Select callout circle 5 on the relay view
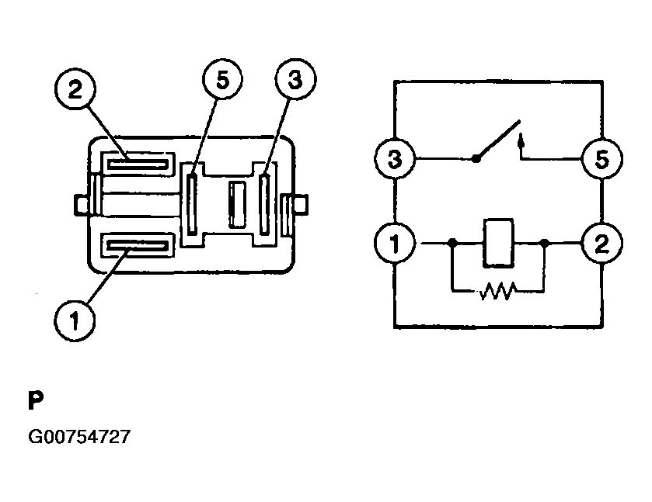pos(222,81)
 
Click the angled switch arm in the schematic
pos(497,142)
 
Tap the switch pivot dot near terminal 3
pos(476,159)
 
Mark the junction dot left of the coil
pos(452,243)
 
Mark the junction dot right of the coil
pos(544,243)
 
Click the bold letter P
pos(35,400)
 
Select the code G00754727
pos(79,437)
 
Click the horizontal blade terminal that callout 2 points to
pos(137,163)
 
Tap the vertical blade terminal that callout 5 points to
pos(192,205)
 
